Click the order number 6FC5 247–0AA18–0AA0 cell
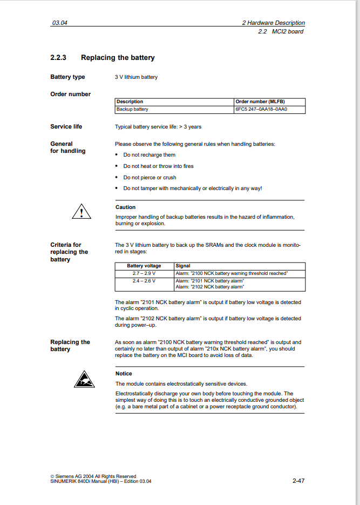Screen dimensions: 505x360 (261, 109)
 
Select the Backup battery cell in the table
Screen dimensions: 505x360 (132, 109)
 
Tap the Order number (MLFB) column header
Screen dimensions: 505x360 (260, 102)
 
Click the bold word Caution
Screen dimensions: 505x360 (126, 207)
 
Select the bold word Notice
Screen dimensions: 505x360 (124, 374)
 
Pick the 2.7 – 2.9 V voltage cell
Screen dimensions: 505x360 (144, 273)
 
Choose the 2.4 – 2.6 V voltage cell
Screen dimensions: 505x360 (144, 281)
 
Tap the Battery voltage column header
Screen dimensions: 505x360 (144, 266)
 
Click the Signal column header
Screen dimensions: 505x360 (183, 266)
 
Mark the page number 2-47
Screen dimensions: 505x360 (298, 480)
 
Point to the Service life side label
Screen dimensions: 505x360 (66, 126)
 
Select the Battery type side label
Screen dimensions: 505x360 (67, 77)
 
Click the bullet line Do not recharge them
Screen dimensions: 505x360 (149, 155)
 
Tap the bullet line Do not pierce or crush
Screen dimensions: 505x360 (150, 178)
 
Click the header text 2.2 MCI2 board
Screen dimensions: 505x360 (281, 31)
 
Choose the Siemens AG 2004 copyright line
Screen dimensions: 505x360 (93, 476)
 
